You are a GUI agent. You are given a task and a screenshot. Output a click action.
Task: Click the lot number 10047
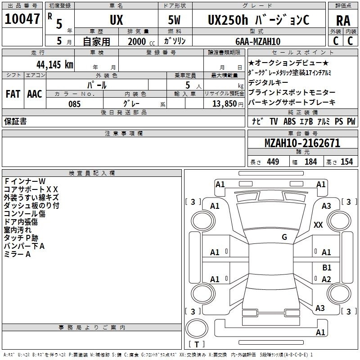coord(22,19)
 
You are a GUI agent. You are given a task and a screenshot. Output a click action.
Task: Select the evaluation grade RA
coord(343,21)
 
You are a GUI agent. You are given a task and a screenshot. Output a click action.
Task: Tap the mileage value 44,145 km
coord(55,64)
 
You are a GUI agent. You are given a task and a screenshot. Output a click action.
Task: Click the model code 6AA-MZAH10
coord(258,41)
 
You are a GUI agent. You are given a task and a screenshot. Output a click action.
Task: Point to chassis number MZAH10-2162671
coord(302,143)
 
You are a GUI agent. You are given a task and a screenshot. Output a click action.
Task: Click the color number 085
coord(75,104)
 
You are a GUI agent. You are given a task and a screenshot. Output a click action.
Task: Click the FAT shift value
coord(13,94)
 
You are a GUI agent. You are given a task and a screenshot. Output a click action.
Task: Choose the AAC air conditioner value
coord(35,94)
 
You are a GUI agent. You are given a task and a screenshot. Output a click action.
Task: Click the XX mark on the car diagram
coord(318,225)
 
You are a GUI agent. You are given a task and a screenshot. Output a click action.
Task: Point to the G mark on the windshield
coord(284,237)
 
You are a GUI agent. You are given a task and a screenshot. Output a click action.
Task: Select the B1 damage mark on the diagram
coord(327,267)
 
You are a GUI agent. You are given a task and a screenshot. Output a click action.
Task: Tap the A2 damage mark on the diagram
coord(326,279)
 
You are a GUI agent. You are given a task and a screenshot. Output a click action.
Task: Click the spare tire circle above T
coord(197,328)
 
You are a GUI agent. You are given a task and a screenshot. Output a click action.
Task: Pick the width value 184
coord(310,162)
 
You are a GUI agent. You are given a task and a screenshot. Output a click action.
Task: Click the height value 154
coord(346,162)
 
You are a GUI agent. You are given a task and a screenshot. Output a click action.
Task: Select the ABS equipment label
coord(289,121)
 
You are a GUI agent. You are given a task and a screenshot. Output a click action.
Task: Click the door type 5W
coord(174,20)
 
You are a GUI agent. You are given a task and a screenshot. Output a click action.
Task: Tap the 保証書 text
coord(15,121)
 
